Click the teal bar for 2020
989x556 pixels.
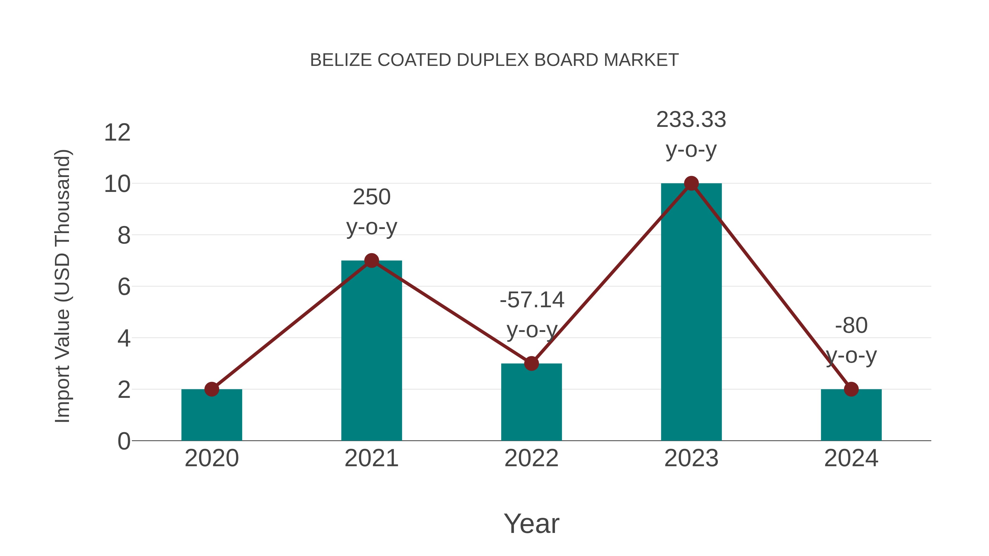tap(212, 416)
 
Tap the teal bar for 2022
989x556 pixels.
tap(531, 403)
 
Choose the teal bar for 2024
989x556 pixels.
tap(851, 416)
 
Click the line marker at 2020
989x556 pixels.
tap(212, 389)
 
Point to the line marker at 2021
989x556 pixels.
tap(371, 261)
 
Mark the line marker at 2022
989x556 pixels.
tap(531, 363)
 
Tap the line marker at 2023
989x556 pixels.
tap(691, 183)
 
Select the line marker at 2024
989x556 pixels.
tap(851, 389)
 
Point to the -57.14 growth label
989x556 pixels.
tap(532, 315)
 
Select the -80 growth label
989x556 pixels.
tap(851, 340)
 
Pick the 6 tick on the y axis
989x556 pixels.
tap(124, 287)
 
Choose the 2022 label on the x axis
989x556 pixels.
tap(531, 458)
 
